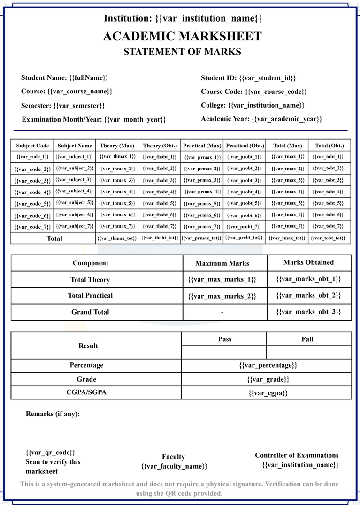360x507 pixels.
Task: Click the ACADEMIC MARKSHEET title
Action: click(182, 36)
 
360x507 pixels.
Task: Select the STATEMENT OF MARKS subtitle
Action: click(182, 52)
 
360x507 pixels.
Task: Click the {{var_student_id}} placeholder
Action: click(267, 78)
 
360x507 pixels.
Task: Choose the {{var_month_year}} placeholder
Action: click(135, 119)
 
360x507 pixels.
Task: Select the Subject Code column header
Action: click(32, 146)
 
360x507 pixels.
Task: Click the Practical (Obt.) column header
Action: click(245, 146)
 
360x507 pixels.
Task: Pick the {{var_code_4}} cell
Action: click(32, 192)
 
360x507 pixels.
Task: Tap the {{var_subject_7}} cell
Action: click(75, 226)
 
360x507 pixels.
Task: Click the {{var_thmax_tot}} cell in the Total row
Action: click(117, 238)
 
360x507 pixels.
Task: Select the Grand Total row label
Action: click(90, 312)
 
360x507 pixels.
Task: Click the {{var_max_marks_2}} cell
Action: click(222, 296)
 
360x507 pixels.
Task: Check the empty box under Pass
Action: click(224, 352)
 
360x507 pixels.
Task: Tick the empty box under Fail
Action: click(308, 352)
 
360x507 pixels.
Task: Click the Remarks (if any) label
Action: click(53, 414)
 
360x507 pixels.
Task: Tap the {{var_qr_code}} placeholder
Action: click(50, 453)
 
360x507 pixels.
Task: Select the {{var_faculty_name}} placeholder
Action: click(174, 466)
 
